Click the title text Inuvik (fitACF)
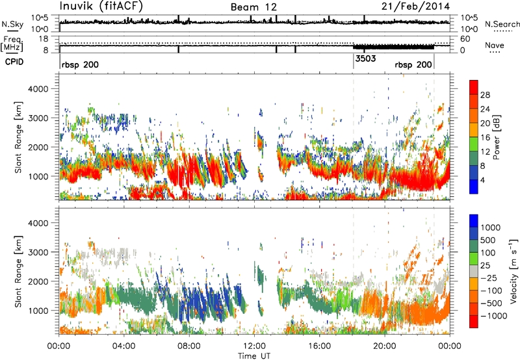pos(101,6)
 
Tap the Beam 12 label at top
pos(253,7)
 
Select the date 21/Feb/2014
pos(415,6)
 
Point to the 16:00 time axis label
pos(319,346)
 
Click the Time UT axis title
pos(254,356)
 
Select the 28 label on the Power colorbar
pos(485,95)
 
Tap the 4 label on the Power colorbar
pos(483,181)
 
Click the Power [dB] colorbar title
pos(496,137)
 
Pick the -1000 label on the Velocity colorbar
pos(494,316)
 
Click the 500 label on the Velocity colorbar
pos(488,240)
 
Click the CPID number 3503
pos(365,58)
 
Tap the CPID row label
pos(14,62)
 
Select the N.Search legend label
pos(502,24)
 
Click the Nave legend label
pos(495,45)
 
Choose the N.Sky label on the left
pos(12,24)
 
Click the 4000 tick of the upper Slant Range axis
pos(39,89)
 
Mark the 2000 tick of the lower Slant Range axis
pos(39,281)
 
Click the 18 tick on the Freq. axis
pos(44,39)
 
